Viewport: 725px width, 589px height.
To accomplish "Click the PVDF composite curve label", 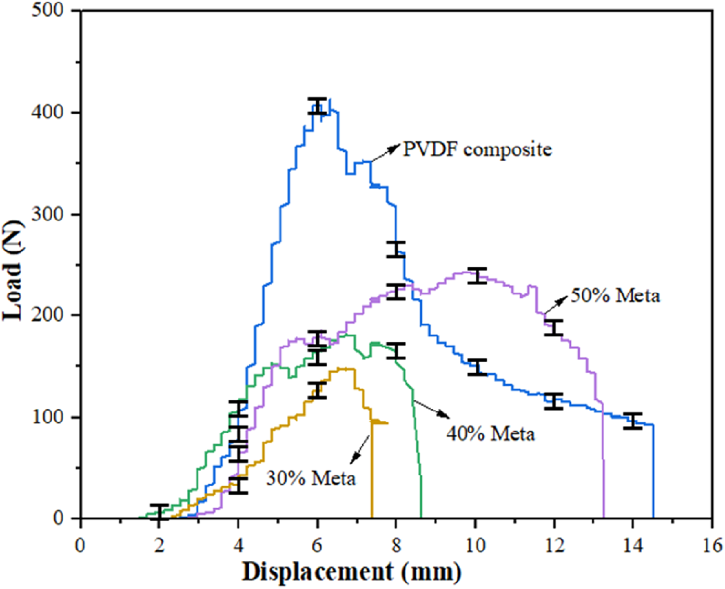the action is (477, 149).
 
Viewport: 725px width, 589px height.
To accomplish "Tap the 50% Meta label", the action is (615, 296).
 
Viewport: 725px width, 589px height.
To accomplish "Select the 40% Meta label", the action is (491, 434).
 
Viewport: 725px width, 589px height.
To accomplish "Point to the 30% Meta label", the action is (311, 478).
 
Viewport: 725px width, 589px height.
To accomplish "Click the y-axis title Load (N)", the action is (13, 270).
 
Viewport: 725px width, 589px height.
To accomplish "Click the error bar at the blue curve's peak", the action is (318, 106).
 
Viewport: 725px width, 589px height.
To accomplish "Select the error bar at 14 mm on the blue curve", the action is (633, 421).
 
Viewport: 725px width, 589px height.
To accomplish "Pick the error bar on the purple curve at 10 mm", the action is (477, 276).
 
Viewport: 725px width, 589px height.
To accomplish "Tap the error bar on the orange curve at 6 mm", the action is (317, 390).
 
